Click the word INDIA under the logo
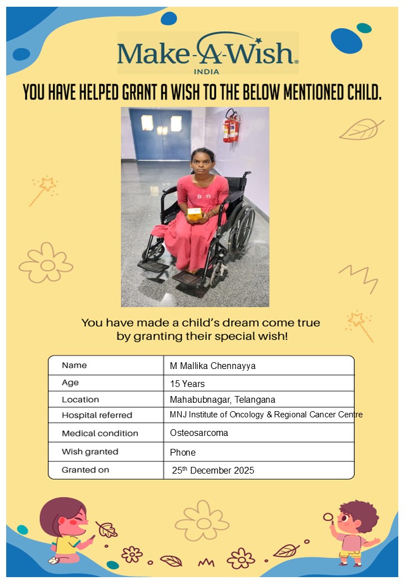click(206, 71)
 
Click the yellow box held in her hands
click(195, 213)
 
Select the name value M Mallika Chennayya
click(213, 366)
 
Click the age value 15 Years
click(187, 384)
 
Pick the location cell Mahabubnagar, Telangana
click(222, 400)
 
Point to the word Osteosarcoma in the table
click(199, 433)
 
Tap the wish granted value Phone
click(183, 452)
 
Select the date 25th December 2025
click(213, 470)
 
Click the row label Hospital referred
click(97, 416)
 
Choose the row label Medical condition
click(100, 434)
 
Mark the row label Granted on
click(85, 470)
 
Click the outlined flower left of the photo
click(46, 263)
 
